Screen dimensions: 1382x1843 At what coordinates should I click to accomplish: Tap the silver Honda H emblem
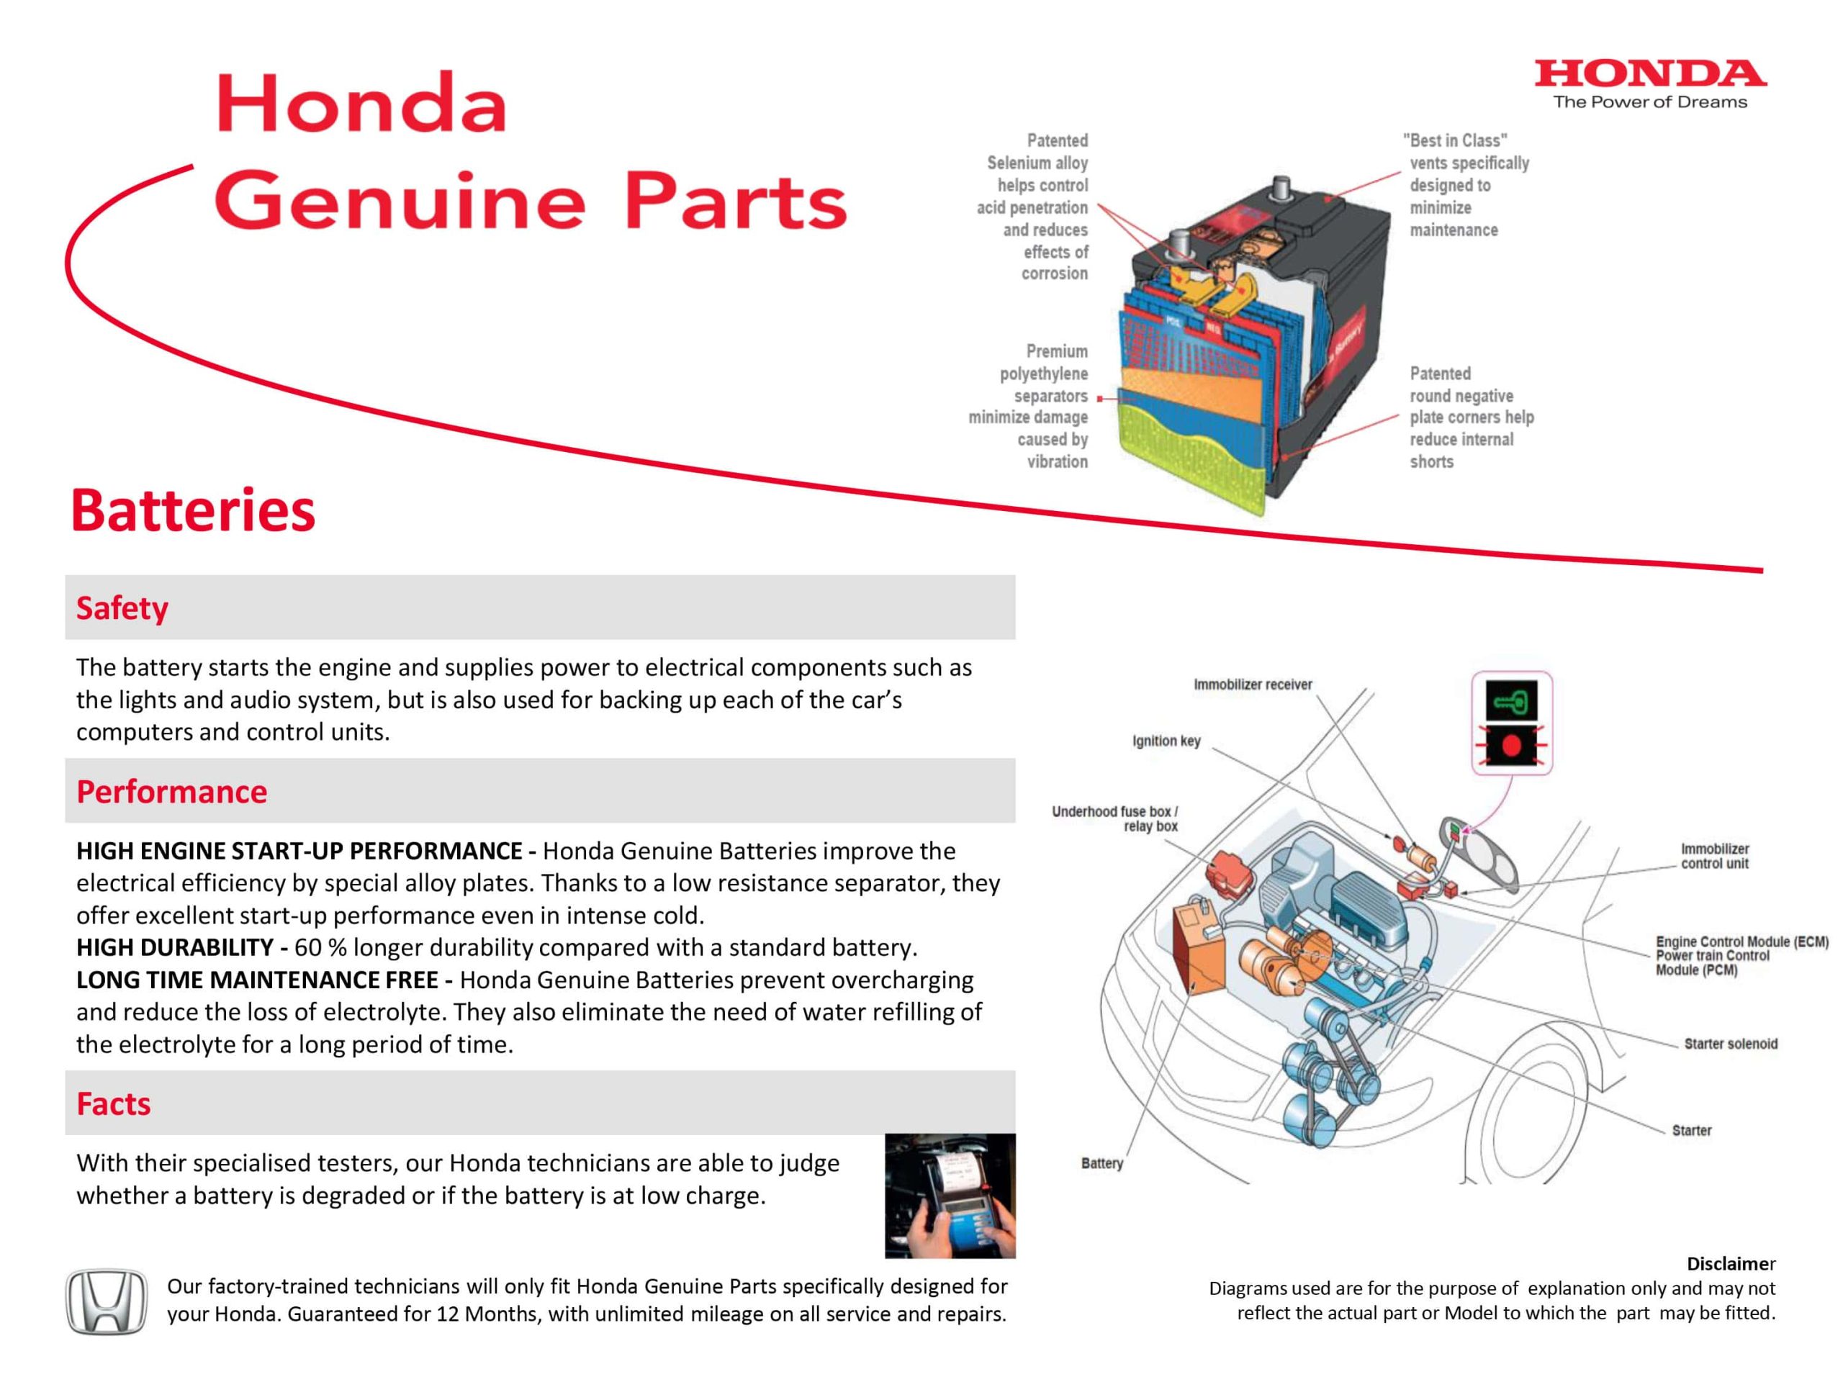pos(106,1301)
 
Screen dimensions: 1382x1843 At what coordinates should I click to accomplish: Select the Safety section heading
pos(122,608)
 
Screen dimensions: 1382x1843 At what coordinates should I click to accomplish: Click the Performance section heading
pos(171,791)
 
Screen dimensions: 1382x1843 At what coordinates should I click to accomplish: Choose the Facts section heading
pos(113,1103)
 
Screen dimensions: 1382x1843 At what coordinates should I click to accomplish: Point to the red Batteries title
pos(193,510)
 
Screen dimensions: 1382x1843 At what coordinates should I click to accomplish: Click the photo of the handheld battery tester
pos(950,1196)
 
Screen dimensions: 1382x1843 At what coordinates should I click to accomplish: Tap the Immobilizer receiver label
pos(1252,685)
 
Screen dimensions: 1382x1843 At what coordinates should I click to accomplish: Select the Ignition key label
pos(1166,741)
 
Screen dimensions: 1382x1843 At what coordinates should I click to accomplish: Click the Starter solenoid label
pos(1731,1044)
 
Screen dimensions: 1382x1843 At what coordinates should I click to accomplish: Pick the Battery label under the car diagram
pos(1101,1163)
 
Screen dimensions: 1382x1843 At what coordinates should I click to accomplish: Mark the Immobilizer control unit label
pos(1715,856)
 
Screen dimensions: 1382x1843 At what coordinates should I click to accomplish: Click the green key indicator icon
pos(1511,701)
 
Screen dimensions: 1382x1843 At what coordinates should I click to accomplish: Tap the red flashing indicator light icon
pos(1511,745)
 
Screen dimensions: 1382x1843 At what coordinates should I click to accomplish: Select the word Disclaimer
pos(1731,1263)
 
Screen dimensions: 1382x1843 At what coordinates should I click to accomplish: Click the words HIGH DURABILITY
pos(175,947)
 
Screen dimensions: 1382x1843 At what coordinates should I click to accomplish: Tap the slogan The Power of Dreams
pos(1650,102)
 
